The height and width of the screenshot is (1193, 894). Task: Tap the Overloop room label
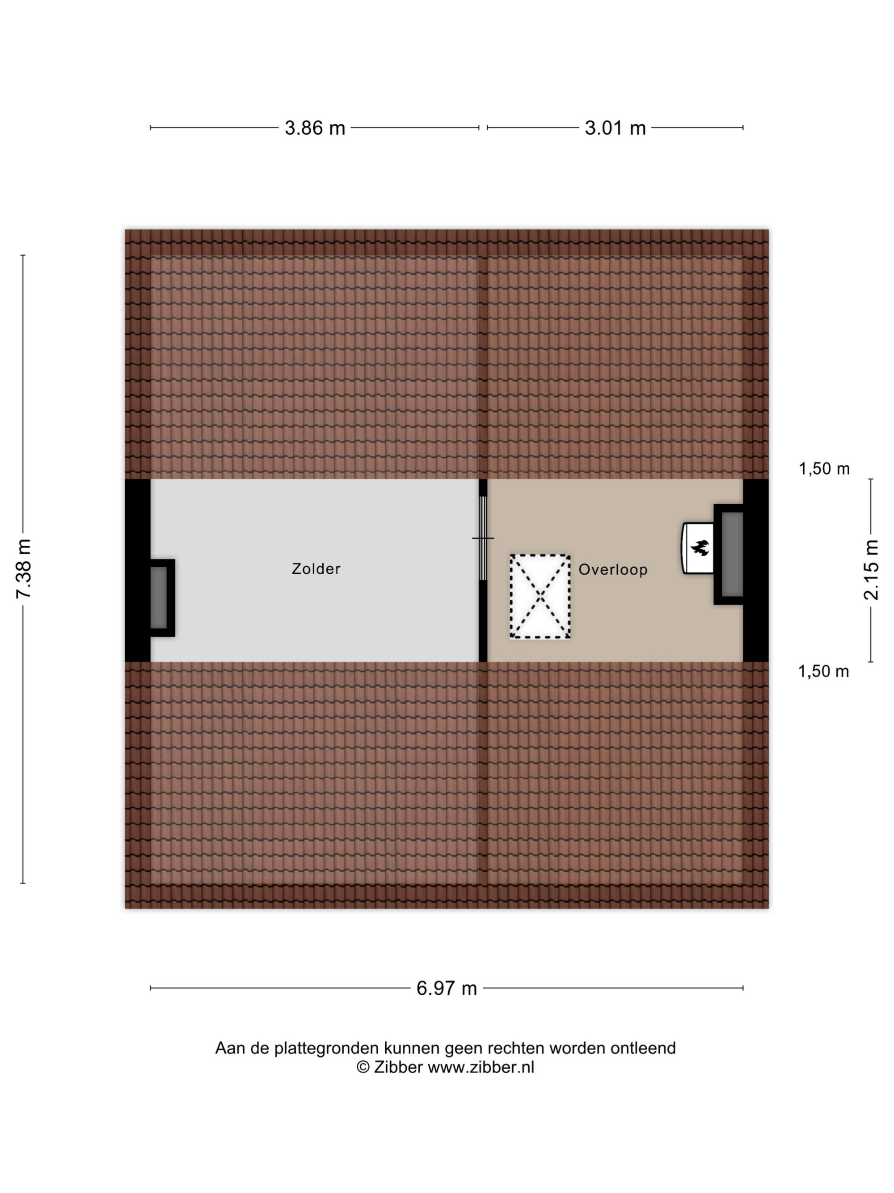click(613, 569)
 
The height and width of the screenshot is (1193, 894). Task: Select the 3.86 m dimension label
click(315, 128)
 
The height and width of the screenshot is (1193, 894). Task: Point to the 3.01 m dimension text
click(615, 128)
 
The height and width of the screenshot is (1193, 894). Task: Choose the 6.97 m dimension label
click(447, 988)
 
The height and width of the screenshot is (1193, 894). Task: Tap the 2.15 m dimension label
click(871, 569)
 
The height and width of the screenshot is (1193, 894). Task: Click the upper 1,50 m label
click(824, 469)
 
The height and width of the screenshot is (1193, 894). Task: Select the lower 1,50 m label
click(823, 671)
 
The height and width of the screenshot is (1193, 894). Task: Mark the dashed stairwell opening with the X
click(540, 597)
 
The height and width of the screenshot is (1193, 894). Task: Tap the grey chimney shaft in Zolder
click(158, 598)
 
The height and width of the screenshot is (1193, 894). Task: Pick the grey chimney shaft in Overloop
click(732, 554)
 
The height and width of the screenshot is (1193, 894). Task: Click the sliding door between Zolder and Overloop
click(483, 538)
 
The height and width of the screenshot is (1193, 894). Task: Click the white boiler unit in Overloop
click(698, 548)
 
